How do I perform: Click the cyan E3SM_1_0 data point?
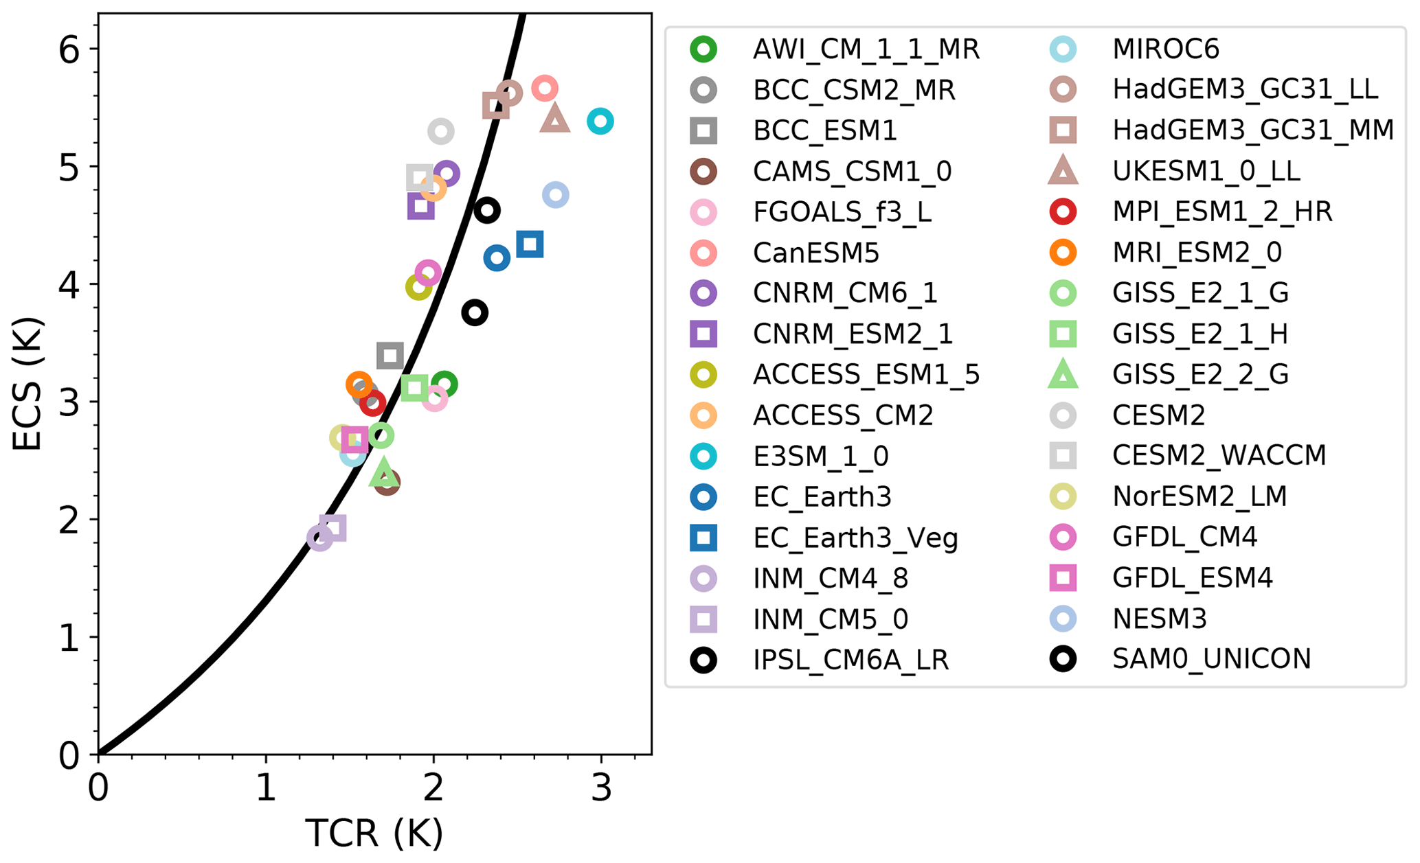[600, 122]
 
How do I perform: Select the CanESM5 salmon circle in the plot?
[544, 88]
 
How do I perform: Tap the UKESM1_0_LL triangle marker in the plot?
[555, 119]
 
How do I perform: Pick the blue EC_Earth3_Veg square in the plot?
[530, 244]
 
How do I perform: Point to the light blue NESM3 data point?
[555, 195]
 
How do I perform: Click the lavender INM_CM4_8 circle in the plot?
[319, 538]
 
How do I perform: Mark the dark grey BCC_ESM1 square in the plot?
[390, 356]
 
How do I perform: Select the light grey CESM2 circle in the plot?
[440, 131]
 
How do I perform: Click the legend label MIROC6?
[1165, 49]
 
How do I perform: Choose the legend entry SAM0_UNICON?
[1211, 659]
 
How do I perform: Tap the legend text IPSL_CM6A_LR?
[850, 660]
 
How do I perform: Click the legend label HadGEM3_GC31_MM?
[1252, 130]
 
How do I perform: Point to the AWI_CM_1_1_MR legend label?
[866, 49]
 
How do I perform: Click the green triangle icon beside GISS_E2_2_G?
[1062, 375]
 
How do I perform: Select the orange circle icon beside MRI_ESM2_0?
[1062, 253]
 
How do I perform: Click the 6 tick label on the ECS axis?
[69, 50]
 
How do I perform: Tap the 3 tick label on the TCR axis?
[601, 788]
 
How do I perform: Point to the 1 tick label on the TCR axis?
[266, 788]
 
